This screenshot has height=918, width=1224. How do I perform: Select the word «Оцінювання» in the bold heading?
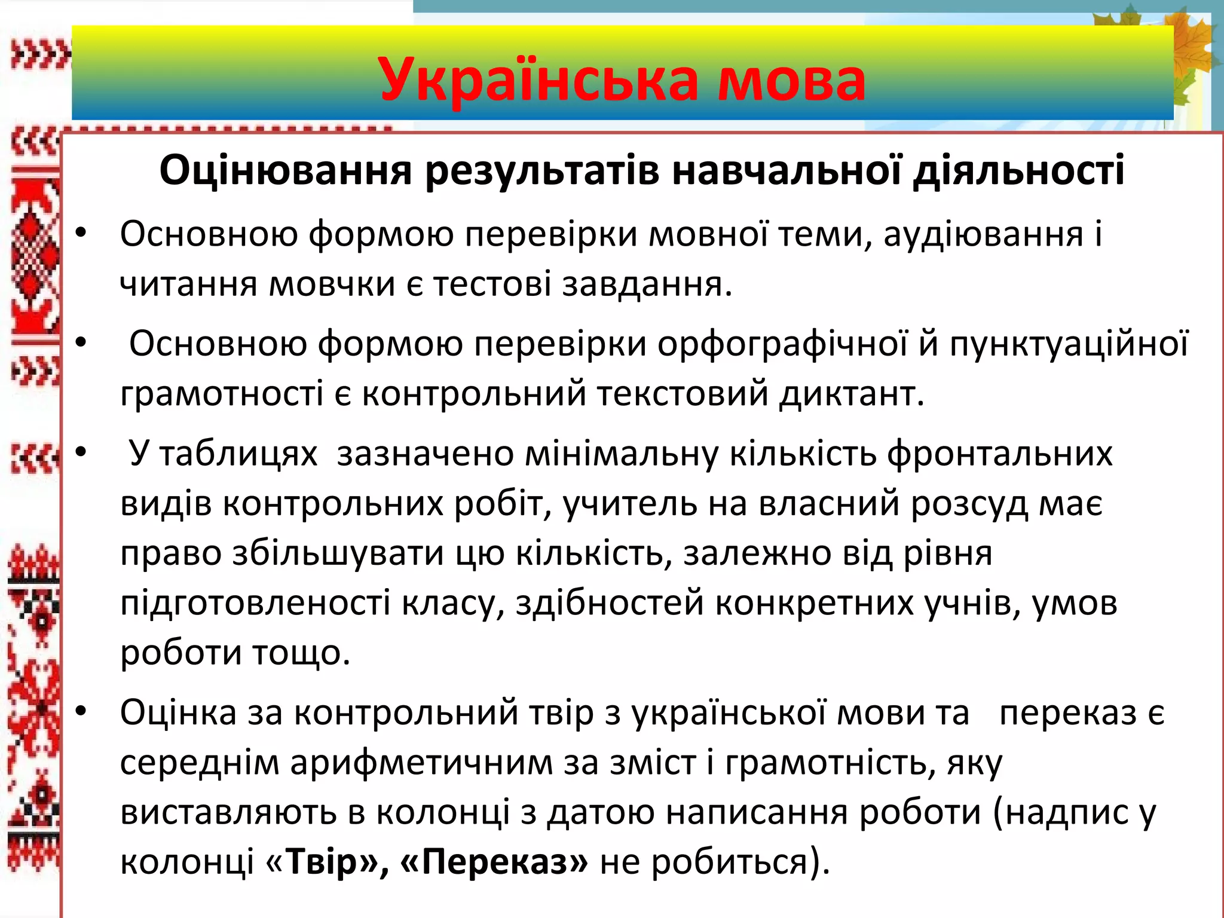pos(286,170)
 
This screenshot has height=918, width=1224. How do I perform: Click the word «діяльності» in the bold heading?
pos(1018,170)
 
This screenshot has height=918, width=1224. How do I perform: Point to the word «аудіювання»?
pos(983,234)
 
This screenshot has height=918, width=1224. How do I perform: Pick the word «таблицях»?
pos(238,454)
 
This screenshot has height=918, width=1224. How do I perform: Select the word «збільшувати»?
pos(338,553)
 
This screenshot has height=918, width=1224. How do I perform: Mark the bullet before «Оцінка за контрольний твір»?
pos(82,712)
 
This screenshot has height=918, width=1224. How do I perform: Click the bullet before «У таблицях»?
pos(82,452)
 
